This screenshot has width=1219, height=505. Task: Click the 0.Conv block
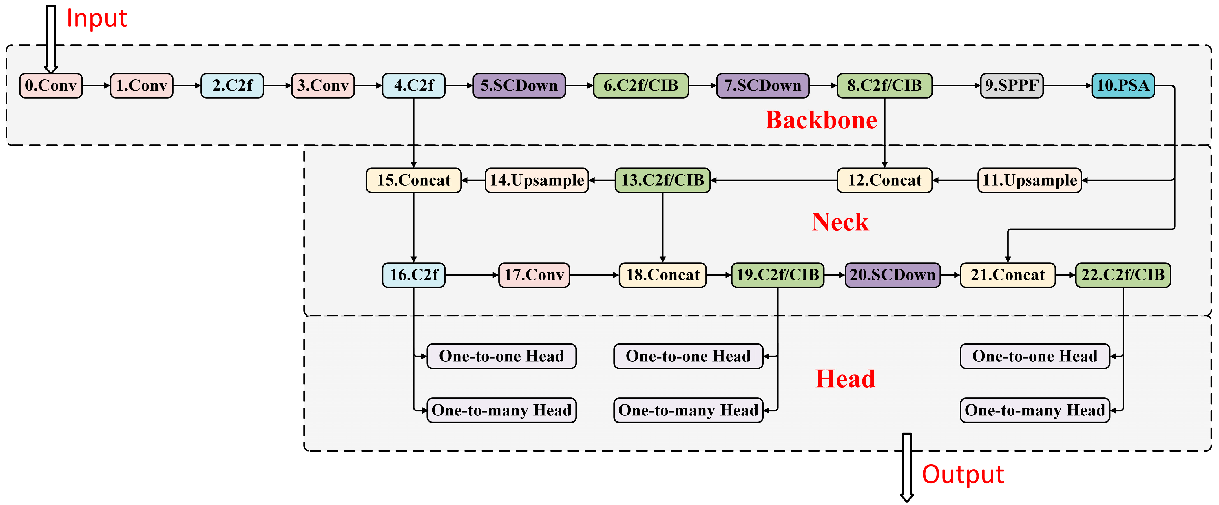click(51, 86)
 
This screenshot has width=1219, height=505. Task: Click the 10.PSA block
click(1123, 86)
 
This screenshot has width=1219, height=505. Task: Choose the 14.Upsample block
click(536, 180)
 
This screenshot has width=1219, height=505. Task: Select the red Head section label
click(845, 379)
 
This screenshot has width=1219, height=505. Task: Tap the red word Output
click(963, 475)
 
